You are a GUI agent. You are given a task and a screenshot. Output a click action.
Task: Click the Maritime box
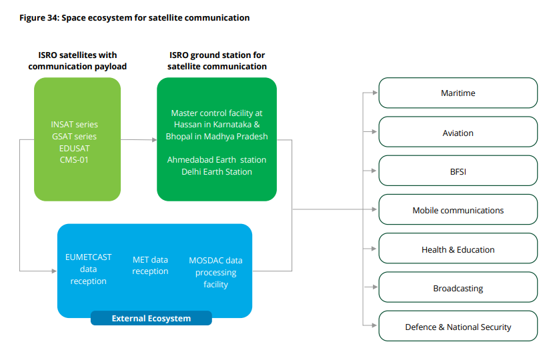click(458, 93)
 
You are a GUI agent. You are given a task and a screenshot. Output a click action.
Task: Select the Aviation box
click(458, 133)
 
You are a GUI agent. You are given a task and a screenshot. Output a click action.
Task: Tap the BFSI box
click(458, 171)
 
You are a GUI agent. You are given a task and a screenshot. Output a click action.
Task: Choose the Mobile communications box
click(458, 210)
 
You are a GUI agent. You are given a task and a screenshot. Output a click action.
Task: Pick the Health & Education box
click(458, 249)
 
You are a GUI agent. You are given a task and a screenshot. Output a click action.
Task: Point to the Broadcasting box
click(458, 289)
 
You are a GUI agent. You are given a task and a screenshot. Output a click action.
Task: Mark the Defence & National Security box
click(458, 327)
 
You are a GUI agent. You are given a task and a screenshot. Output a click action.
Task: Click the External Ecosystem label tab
click(151, 319)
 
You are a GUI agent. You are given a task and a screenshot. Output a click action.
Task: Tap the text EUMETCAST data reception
click(88, 269)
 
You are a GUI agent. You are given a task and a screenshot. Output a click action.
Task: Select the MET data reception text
click(150, 265)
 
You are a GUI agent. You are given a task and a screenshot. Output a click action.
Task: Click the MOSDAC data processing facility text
click(215, 272)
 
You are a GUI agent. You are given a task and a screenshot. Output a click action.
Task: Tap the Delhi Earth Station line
click(217, 172)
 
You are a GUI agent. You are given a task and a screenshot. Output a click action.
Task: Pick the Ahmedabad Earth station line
click(217, 160)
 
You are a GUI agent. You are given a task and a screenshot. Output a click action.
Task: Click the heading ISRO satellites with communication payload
click(77, 61)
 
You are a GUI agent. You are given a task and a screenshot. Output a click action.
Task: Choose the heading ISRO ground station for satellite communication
click(217, 61)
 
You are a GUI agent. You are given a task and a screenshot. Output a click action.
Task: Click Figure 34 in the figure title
click(40, 18)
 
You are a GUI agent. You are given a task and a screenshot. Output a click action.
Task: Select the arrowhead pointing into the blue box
click(55, 271)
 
